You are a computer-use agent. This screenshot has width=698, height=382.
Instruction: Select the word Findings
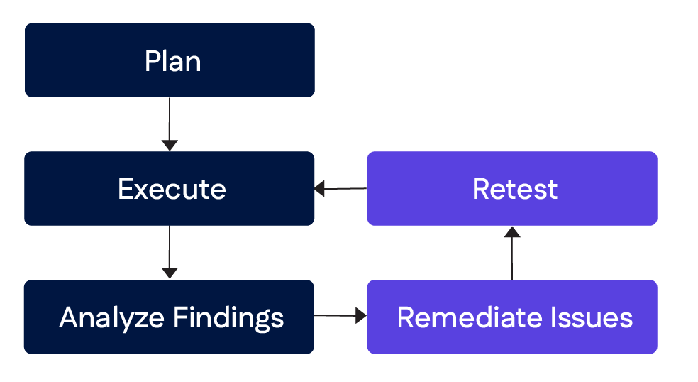[228, 317]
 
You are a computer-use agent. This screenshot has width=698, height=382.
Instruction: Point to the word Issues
[597, 317]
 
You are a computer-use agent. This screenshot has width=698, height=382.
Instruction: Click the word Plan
[172, 61]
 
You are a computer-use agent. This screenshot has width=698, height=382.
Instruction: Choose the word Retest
[515, 190]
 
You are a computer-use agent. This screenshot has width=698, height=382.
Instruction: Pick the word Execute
[172, 190]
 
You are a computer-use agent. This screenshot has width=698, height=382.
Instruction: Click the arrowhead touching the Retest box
[512, 231]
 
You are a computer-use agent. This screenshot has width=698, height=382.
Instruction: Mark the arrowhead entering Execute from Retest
[320, 189]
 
